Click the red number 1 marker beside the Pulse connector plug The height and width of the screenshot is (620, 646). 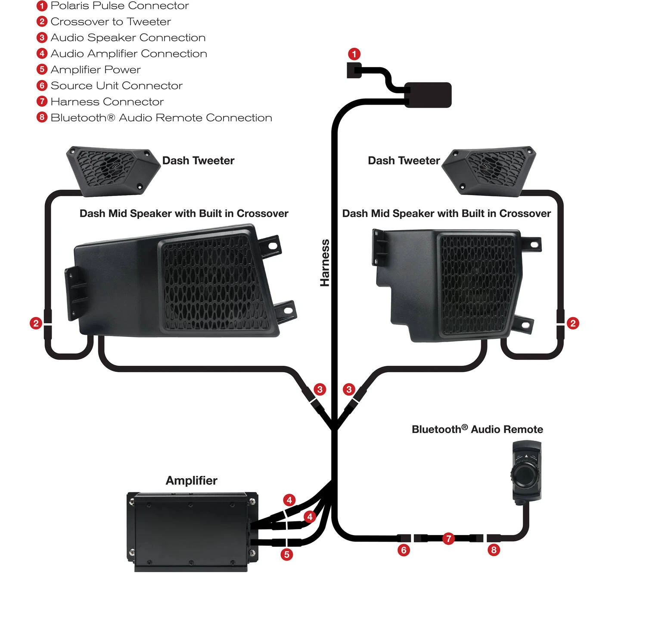coord(354,54)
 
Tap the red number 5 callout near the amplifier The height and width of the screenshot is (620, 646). coord(287,555)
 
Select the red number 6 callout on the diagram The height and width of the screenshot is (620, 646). coord(404,550)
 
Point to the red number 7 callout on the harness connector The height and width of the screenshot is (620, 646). coord(449,539)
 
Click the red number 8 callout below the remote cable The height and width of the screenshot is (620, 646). coord(494,550)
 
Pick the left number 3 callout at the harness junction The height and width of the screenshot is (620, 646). coord(320,389)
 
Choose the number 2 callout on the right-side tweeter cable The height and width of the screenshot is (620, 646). coord(573,323)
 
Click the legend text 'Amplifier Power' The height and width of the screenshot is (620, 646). coord(96,70)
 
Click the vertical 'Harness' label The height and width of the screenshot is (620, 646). coord(325,263)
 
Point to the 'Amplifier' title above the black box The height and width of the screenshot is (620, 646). coord(192,480)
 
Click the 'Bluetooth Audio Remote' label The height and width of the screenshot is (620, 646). coord(477,429)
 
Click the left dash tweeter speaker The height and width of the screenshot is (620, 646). coord(113,171)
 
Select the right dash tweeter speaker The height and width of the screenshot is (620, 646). coord(489,171)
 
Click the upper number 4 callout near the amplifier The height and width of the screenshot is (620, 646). coord(289,500)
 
